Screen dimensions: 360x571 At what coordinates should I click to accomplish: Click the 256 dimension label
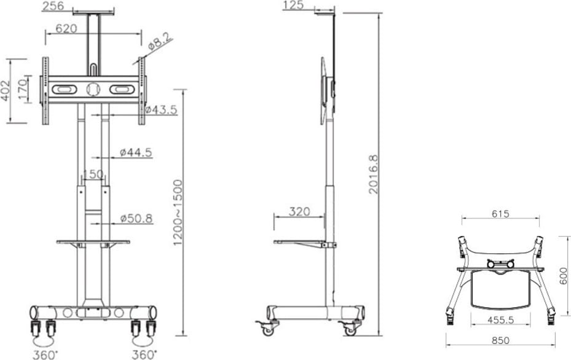pyautogui.click(x=54, y=6)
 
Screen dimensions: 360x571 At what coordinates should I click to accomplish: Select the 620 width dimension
pyautogui.click(x=67, y=28)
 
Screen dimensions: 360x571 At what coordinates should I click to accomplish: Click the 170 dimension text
pyautogui.click(x=22, y=90)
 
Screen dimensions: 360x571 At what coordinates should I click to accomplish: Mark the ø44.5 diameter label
pyautogui.click(x=136, y=152)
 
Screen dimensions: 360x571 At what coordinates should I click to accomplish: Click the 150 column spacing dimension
pyautogui.click(x=93, y=174)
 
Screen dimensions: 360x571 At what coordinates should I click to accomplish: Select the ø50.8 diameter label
pyautogui.click(x=136, y=218)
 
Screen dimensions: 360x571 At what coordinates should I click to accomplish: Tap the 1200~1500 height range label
pyautogui.click(x=178, y=213)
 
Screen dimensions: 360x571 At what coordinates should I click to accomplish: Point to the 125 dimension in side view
pyautogui.click(x=294, y=6)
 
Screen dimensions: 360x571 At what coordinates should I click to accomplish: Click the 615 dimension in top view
pyautogui.click(x=500, y=214)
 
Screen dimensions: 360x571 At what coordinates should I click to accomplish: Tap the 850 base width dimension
pyautogui.click(x=500, y=340)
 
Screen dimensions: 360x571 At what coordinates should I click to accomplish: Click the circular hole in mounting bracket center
pyautogui.click(x=92, y=89)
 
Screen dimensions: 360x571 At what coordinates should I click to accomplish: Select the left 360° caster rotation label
pyautogui.click(x=45, y=354)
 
